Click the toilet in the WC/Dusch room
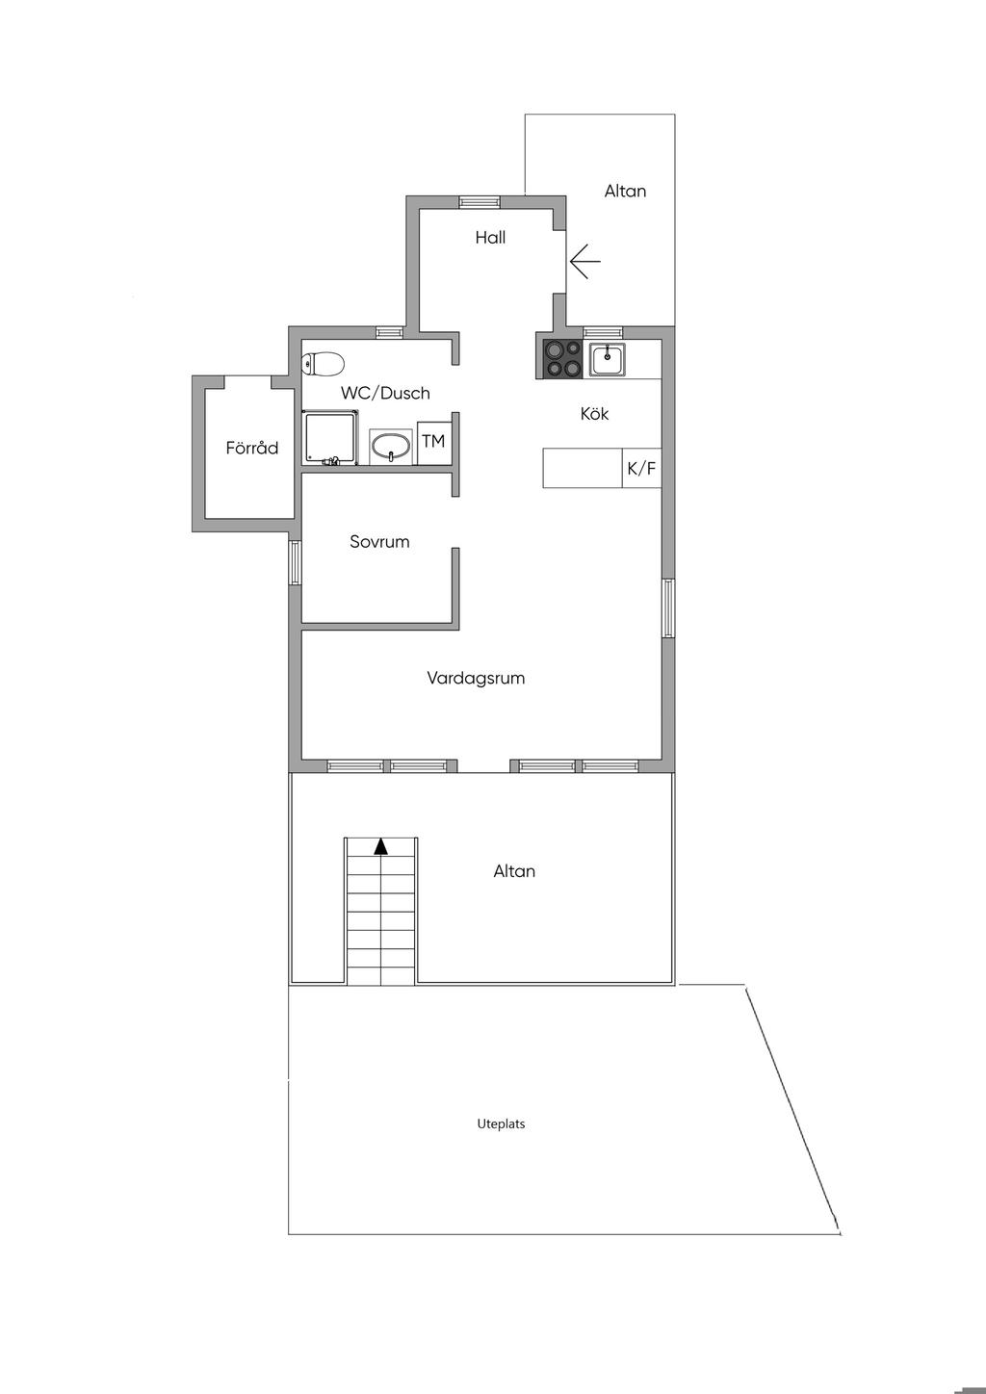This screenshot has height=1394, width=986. pyautogui.click(x=323, y=364)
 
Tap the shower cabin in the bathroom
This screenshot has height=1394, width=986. pyautogui.click(x=330, y=437)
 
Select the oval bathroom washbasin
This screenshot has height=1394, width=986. pyautogui.click(x=390, y=446)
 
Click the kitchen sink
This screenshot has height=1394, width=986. pyautogui.click(x=607, y=360)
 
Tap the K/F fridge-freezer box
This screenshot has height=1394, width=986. pyautogui.click(x=642, y=467)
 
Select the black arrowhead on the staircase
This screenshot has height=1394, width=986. pyautogui.click(x=381, y=846)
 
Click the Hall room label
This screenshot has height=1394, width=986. pyautogui.click(x=490, y=237)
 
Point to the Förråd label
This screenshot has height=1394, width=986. pyautogui.click(x=251, y=447)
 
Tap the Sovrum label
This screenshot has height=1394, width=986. pyautogui.click(x=379, y=541)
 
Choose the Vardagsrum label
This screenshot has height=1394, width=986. pyautogui.click(x=476, y=679)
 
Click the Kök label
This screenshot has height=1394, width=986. pyautogui.click(x=594, y=413)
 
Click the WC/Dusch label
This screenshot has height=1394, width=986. pyautogui.click(x=385, y=393)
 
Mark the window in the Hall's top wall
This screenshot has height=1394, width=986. pyautogui.click(x=480, y=201)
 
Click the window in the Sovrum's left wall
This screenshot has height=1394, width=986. pyautogui.click(x=295, y=562)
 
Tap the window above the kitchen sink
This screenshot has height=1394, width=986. pyautogui.click(x=603, y=332)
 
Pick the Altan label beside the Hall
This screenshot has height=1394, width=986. pyautogui.click(x=625, y=191)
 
